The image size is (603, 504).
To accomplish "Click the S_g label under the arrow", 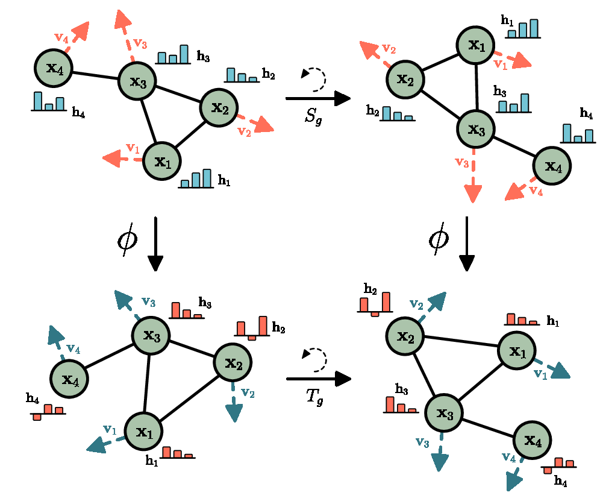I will tap(313, 115).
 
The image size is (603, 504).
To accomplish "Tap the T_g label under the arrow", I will tap(314, 397).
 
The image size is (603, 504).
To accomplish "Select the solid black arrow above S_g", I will tap(318, 98).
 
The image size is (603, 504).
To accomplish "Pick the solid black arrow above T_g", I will tap(319, 379).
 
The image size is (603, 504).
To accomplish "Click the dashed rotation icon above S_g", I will tap(314, 79).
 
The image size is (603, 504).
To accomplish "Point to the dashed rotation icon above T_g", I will tap(314, 359).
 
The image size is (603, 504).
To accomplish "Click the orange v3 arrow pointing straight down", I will tap(473, 175).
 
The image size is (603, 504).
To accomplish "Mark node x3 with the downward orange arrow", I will tap(476, 128).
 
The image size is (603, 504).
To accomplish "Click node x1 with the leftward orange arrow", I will tap(161, 161).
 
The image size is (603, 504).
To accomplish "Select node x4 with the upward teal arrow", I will tap(69, 379).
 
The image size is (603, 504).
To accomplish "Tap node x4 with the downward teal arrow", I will tap(532, 439).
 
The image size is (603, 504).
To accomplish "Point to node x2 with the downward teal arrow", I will tap(233, 362).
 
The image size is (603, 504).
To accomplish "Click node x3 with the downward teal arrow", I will tap(444, 413).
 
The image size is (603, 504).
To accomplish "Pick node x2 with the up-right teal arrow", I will tap(405, 336).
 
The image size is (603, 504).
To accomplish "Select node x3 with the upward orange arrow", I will tap(137, 81).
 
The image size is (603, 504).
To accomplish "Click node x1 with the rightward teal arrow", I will tap(517, 350).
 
